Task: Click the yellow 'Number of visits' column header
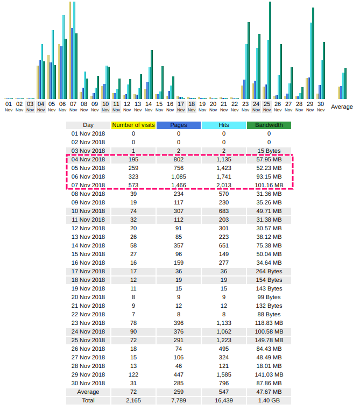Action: [x=133, y=125]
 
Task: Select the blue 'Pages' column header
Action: [x=179, y=125]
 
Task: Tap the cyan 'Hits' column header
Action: [x=224, y=125]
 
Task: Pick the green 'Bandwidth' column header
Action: [x=269, y=125]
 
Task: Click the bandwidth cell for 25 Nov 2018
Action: [x=269, y=340]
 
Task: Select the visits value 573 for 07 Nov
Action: [x=133, y=185]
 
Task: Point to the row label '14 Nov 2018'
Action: [x=88, y=245]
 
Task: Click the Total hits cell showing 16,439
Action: [x=224, y=400]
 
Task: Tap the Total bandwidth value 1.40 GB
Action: [x=269, y=400]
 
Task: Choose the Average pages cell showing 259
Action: [x=179, y=392]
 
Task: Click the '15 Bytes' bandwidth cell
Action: [x=269, y=151]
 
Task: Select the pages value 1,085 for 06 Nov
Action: [x=179, y=176]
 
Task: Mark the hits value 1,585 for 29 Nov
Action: [x=224, y=374]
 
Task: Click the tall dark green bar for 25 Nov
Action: [x=270, y=51]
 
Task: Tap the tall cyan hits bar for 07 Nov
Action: [x=74, y=51]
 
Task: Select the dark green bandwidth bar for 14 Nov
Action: [x=152, y=74]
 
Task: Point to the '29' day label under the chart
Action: [x=310, y=104]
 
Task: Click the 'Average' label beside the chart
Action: [x=342, y=107]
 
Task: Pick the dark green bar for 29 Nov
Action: [x=313, y=53]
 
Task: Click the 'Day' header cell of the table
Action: [x=88, y=125]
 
